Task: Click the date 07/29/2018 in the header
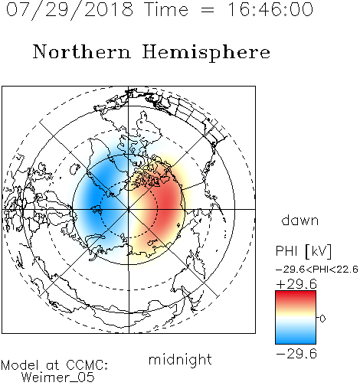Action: tap(70, 9)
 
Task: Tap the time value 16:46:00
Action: tap(270, 9)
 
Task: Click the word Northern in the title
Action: tap(82, 51)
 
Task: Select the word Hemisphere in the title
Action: tap(206, 52)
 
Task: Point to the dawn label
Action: tap(300, 221)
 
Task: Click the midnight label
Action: tap(180, 360)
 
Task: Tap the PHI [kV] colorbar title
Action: tap(303, 251)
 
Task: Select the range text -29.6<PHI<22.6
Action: tap(317, 270)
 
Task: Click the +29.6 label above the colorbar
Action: tap(296, 284)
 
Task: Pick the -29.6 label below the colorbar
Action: tap(296, 354)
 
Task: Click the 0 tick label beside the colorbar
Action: tap(322, 319)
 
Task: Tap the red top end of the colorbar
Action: tap(296, 293)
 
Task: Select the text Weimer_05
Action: tap(58, 378)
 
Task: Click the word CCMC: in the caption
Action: tap(87, 365)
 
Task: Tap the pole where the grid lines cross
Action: tap(129, 209)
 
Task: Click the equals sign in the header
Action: tap(208, 10)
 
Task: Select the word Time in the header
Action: tap(166, 9)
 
